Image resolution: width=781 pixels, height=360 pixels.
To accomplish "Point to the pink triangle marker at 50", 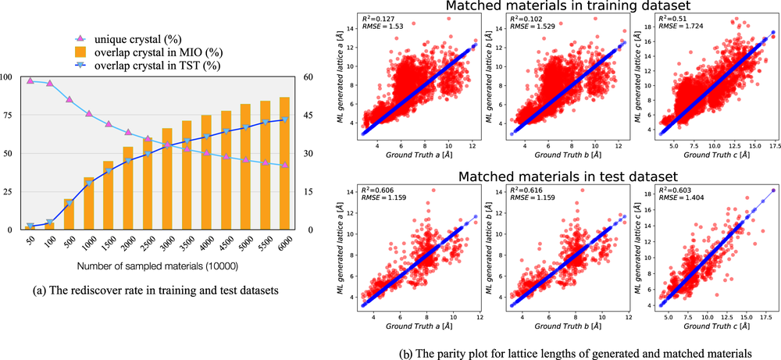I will (x=30, y=80).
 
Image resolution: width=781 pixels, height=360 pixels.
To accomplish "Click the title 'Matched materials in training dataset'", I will (x=555, y=8).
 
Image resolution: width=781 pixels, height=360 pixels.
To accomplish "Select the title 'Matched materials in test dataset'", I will (x=555, y=176).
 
